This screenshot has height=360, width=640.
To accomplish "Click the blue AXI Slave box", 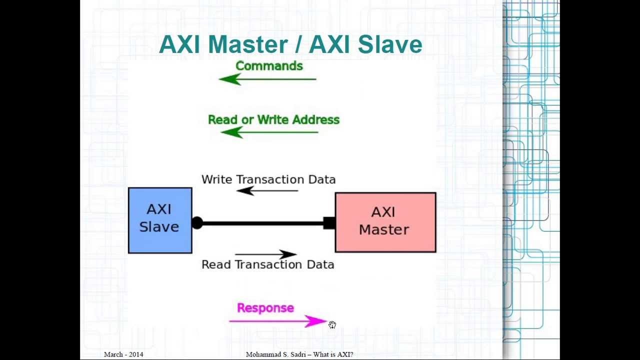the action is pos(160,220).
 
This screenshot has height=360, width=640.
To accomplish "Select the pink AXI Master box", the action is pos(385,222).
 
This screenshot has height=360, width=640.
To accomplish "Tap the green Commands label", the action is pos(269,66).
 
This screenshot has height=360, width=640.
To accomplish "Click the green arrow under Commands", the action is pos(267,79).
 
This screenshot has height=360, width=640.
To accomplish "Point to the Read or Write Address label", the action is pos(273,119).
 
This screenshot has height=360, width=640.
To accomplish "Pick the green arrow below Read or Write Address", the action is pos(269,132).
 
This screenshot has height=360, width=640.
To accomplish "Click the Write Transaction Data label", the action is pos(268,179).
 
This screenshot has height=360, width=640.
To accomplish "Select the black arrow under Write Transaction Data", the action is pos(267,190).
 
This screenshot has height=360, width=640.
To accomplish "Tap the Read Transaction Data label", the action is pos(268,264).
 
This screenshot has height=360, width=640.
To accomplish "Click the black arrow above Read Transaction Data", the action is pos(266,254).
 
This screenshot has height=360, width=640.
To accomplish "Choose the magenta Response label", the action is pos(265,308).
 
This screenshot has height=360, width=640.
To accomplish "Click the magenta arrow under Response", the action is pos(277,321).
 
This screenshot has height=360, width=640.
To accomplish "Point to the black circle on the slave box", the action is pos(197,223).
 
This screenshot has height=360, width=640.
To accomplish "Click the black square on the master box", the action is pos(329,223).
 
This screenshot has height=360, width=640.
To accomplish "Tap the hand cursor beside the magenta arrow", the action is pos(332,325).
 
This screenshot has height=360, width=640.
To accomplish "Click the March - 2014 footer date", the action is pos(123,354).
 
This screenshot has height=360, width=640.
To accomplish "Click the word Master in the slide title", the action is pos(248,44).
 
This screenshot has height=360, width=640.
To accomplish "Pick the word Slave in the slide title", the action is pos(390,44).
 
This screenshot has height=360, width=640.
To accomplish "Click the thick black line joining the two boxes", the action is pos(263,223).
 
